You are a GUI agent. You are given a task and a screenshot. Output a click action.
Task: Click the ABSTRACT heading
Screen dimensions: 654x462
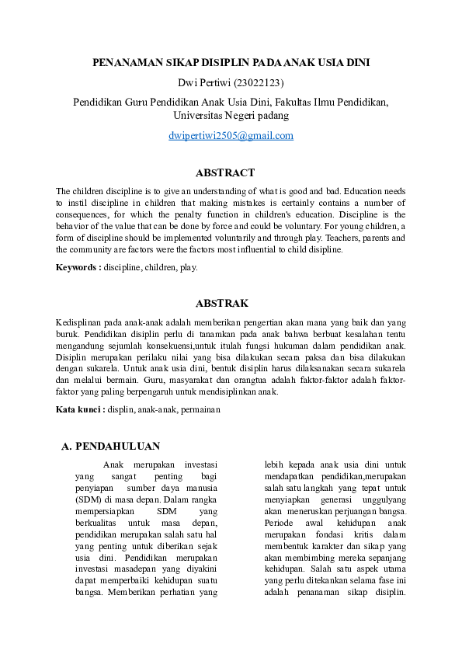point(225,172)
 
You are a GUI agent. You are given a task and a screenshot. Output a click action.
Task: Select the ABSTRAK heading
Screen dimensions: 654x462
point(222,303)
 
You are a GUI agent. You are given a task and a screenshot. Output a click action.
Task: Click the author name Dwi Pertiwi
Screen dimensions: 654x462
point(204,82)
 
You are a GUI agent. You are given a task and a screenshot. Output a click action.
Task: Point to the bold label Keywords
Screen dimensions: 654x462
point(77,267)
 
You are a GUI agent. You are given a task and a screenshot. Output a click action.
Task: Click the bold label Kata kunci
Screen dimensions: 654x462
point(79,409)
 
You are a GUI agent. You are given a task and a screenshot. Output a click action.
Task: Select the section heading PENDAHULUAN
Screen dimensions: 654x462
point(118,447)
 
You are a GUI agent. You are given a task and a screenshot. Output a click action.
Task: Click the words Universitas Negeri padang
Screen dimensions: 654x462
point(231,116)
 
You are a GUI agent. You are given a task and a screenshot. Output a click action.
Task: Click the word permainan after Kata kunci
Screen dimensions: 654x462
point(200,409)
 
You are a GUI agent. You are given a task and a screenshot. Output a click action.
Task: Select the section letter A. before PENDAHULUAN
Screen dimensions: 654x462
point(67,447)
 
